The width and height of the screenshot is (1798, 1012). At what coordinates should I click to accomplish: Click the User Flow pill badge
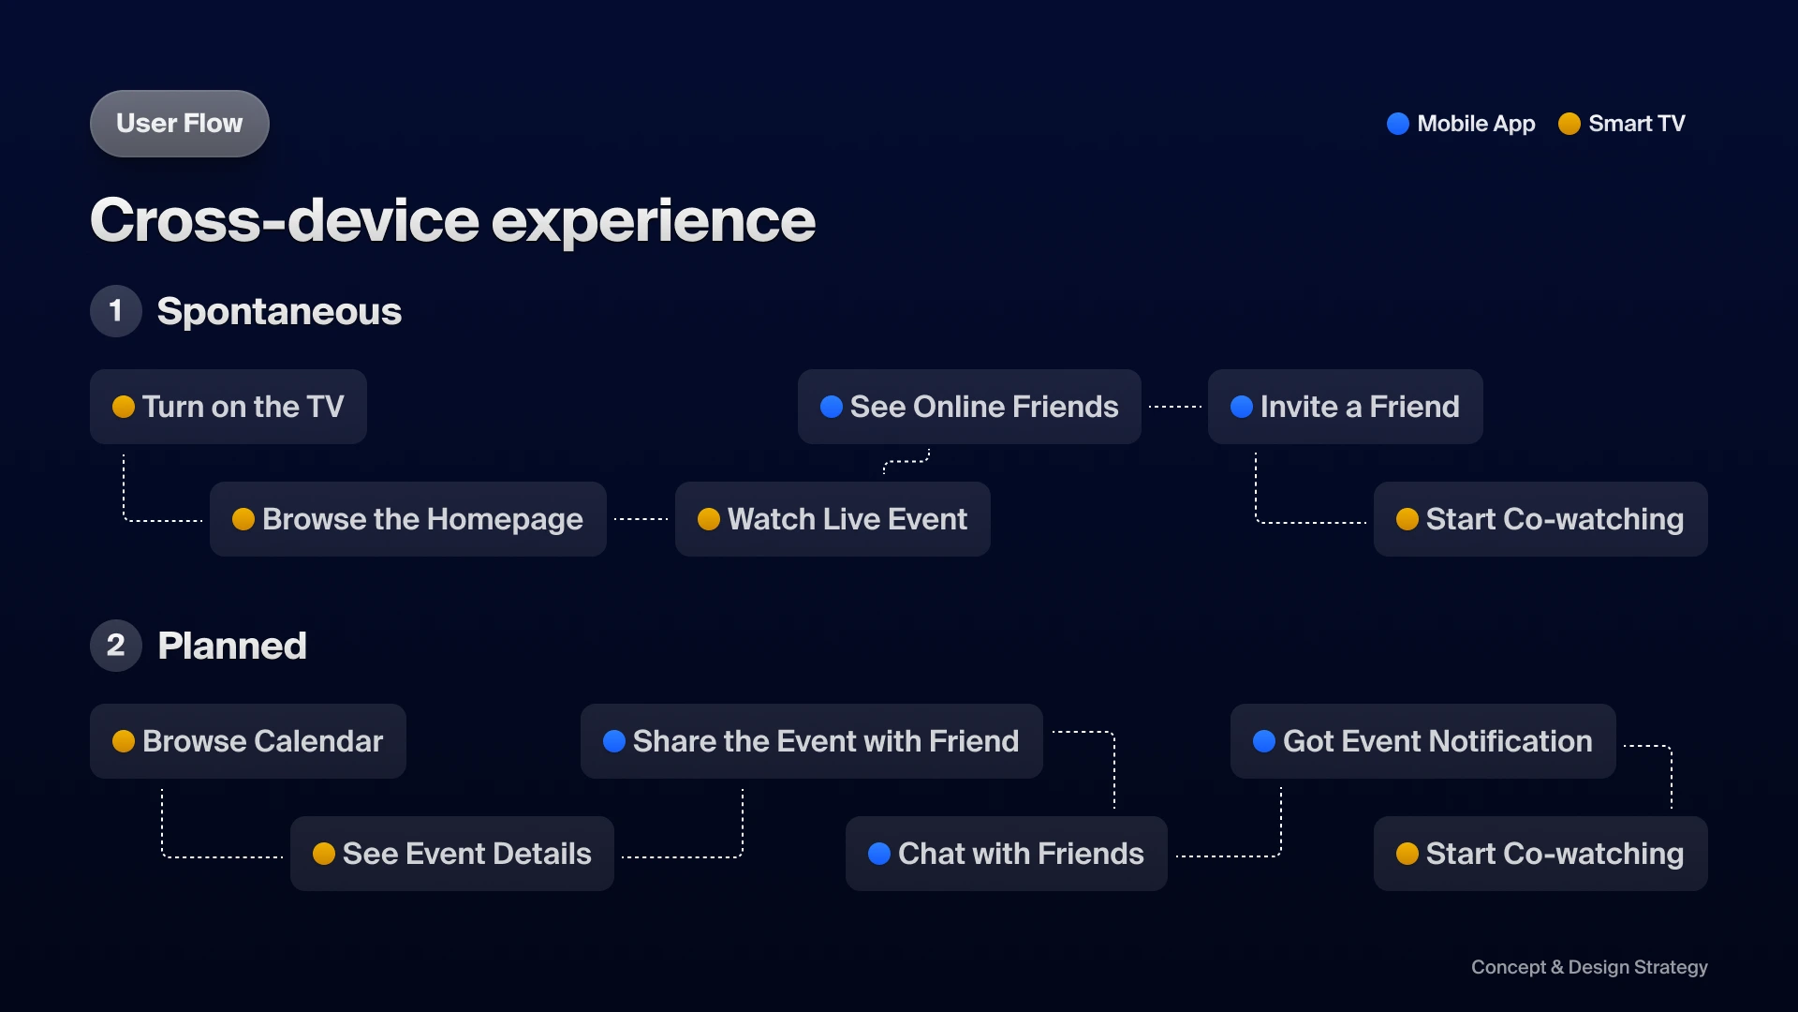(180, 124)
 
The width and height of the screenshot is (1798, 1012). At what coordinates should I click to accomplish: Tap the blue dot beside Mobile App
(1397, 124)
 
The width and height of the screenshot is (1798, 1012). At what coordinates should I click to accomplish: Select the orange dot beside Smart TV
(1570, 124)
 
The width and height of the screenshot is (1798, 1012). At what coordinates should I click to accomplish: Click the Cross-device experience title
(452, 221)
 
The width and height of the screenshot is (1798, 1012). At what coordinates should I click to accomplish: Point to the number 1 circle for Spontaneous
(116, 311)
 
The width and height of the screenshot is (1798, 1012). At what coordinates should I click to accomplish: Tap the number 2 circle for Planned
(116, 646)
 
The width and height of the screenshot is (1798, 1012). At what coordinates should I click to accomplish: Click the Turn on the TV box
(228, 407)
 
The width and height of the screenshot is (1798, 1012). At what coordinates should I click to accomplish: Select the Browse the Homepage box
(408, 519)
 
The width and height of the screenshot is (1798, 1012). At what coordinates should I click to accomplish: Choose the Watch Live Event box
(833, 519)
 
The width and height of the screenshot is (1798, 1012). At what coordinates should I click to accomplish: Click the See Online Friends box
(969, 407)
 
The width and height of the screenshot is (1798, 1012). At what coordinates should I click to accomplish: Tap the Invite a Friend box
(1346, 407)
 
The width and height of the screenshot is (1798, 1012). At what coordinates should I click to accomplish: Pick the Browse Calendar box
(248, 741)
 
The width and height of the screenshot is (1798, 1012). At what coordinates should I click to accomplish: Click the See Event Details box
(452, 854)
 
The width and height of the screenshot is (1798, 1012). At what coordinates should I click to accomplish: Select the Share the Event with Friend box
(812, 741)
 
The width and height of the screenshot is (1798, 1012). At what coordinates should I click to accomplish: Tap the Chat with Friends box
(1007, 854)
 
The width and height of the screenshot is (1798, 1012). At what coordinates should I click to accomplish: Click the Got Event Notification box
(1423, 741)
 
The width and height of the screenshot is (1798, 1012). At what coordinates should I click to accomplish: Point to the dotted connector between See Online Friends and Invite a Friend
(1175, 407)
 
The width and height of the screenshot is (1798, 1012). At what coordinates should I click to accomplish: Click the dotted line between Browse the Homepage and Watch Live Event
(641, 519)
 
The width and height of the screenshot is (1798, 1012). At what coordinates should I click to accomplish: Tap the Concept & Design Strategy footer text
(1589, 967)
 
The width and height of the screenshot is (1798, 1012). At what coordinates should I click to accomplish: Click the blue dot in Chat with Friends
(879, 854)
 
